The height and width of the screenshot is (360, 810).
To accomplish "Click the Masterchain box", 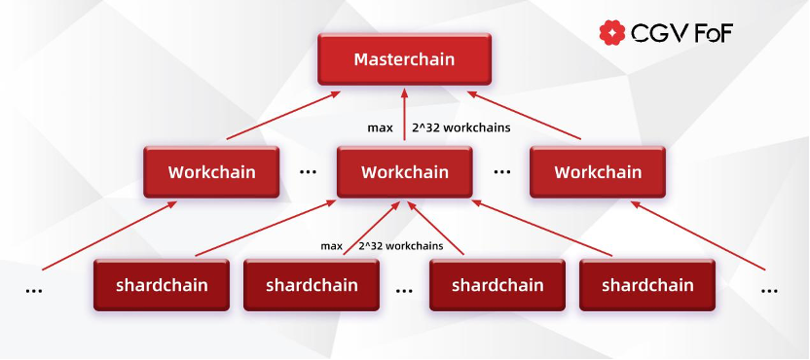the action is (404, 59).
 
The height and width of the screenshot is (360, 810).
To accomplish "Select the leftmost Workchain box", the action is (211, 172).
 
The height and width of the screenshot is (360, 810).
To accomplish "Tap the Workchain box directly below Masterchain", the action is (404, 172).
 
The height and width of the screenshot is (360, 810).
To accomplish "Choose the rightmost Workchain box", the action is (598, 172).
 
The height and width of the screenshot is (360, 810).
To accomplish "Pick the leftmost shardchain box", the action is (162, 285).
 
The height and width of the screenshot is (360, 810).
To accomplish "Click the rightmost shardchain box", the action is (647, 285).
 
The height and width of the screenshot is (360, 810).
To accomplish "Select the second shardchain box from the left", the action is (312, 285).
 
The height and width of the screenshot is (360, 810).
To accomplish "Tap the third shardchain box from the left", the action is (497, 285).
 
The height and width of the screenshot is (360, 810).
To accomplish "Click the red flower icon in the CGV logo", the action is (612, 33).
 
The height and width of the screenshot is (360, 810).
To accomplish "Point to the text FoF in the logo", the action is (714, 34).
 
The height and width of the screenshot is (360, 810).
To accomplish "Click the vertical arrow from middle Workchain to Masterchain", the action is (404, 114).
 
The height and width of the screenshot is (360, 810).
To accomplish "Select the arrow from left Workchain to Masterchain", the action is (283, 116).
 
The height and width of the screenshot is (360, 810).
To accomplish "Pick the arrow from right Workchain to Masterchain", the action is (524, 116).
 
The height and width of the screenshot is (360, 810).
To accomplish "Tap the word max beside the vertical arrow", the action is (381, 128).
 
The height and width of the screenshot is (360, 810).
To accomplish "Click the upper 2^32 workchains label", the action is (461, 127).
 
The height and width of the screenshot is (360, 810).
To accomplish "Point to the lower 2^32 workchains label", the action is (401, 246).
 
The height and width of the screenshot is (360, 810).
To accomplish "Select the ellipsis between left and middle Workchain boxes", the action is (308, 172).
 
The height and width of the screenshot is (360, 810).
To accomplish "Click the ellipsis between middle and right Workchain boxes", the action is (501, 172).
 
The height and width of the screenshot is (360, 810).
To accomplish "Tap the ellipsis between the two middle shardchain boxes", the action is (404, 291).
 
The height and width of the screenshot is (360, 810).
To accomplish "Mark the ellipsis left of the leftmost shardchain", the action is (34, 291).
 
